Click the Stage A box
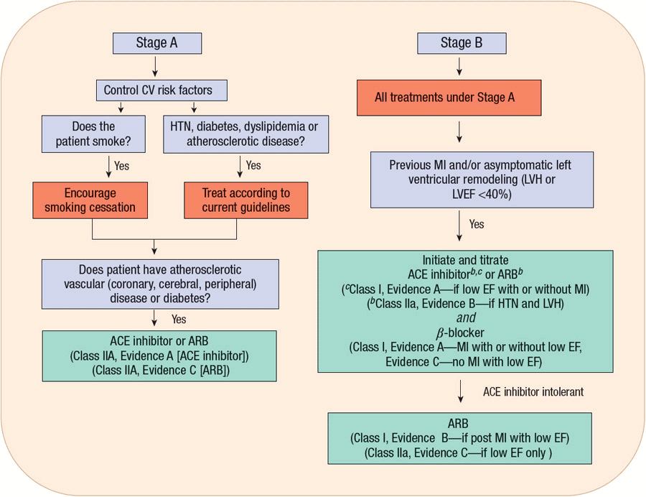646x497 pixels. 156,43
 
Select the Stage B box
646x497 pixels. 462,43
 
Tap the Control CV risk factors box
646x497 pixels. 162,90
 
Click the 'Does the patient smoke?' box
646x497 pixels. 93,134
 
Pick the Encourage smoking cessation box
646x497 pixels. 90,200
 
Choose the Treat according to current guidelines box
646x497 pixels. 245,200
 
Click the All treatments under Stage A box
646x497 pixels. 444,98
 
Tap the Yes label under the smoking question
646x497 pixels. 121,165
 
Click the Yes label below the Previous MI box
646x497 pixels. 477,224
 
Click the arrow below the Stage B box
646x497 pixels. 460,66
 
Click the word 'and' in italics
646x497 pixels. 465,317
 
